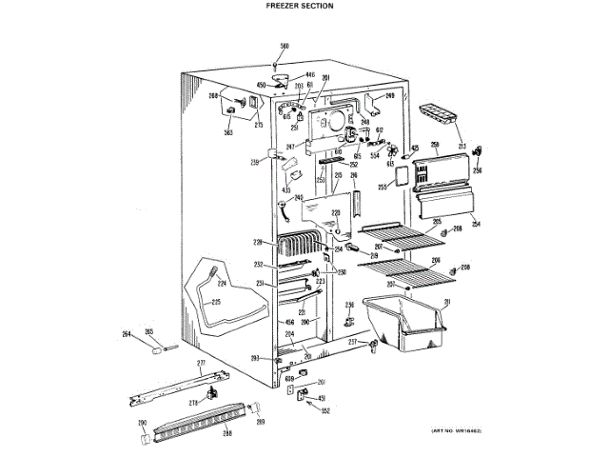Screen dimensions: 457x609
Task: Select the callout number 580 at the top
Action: pos(284,47)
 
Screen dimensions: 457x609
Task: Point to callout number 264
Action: pos(126,333)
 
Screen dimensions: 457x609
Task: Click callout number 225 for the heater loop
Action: pos(216,303)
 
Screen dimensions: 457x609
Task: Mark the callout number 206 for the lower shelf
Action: pos(435,260)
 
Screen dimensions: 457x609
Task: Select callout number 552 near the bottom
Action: pos(324,411)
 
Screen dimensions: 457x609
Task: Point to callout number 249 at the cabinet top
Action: pos(389,96)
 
